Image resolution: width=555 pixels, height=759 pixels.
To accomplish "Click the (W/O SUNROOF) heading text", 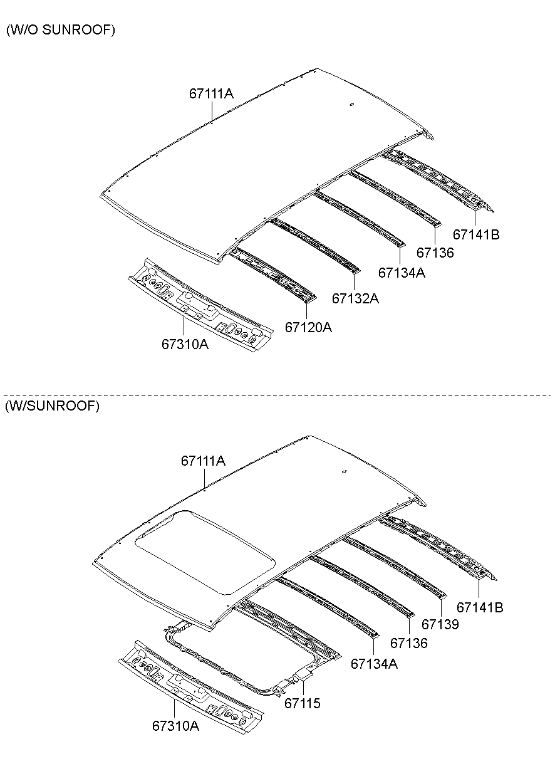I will pos(61,29).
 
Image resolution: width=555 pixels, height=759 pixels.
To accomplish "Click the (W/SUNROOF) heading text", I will pos(53,406).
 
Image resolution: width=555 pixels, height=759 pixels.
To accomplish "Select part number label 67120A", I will pos(308,327).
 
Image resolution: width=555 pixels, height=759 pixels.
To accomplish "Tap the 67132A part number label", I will pos(355,298).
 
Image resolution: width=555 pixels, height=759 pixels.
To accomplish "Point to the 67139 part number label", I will pos(440,624).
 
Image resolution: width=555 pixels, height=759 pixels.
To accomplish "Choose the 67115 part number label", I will pos(302,703).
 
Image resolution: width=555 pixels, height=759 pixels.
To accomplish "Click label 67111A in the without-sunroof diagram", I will pos(211,94).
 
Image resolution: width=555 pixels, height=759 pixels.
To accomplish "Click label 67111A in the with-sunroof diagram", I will pos(203,461).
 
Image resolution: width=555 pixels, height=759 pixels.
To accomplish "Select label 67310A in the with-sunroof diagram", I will pos(175,726).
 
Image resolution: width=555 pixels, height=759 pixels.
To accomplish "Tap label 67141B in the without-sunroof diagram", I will pos(476,234).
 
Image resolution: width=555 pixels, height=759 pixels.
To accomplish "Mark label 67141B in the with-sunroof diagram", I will pos(480,607).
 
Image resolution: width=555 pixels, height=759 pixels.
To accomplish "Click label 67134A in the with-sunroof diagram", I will pos(374,664).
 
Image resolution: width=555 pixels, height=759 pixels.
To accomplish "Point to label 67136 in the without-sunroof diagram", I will pos(435,253).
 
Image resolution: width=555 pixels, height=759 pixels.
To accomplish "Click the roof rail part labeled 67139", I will pos(395,564).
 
